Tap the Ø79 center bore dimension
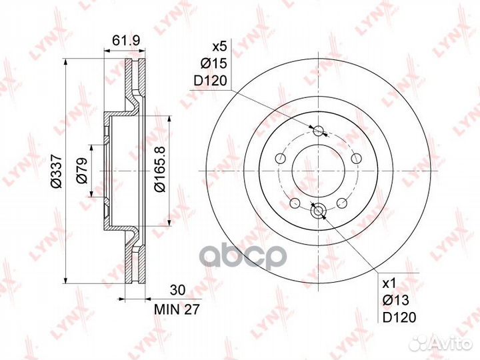click(82, 170)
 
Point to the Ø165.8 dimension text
click(160, 169)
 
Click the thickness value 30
click(178, 290)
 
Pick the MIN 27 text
click(177, 309)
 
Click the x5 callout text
click(219, 47)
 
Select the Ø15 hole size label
click(214, 64)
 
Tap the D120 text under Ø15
click(210, 81)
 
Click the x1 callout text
click(390, 283)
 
